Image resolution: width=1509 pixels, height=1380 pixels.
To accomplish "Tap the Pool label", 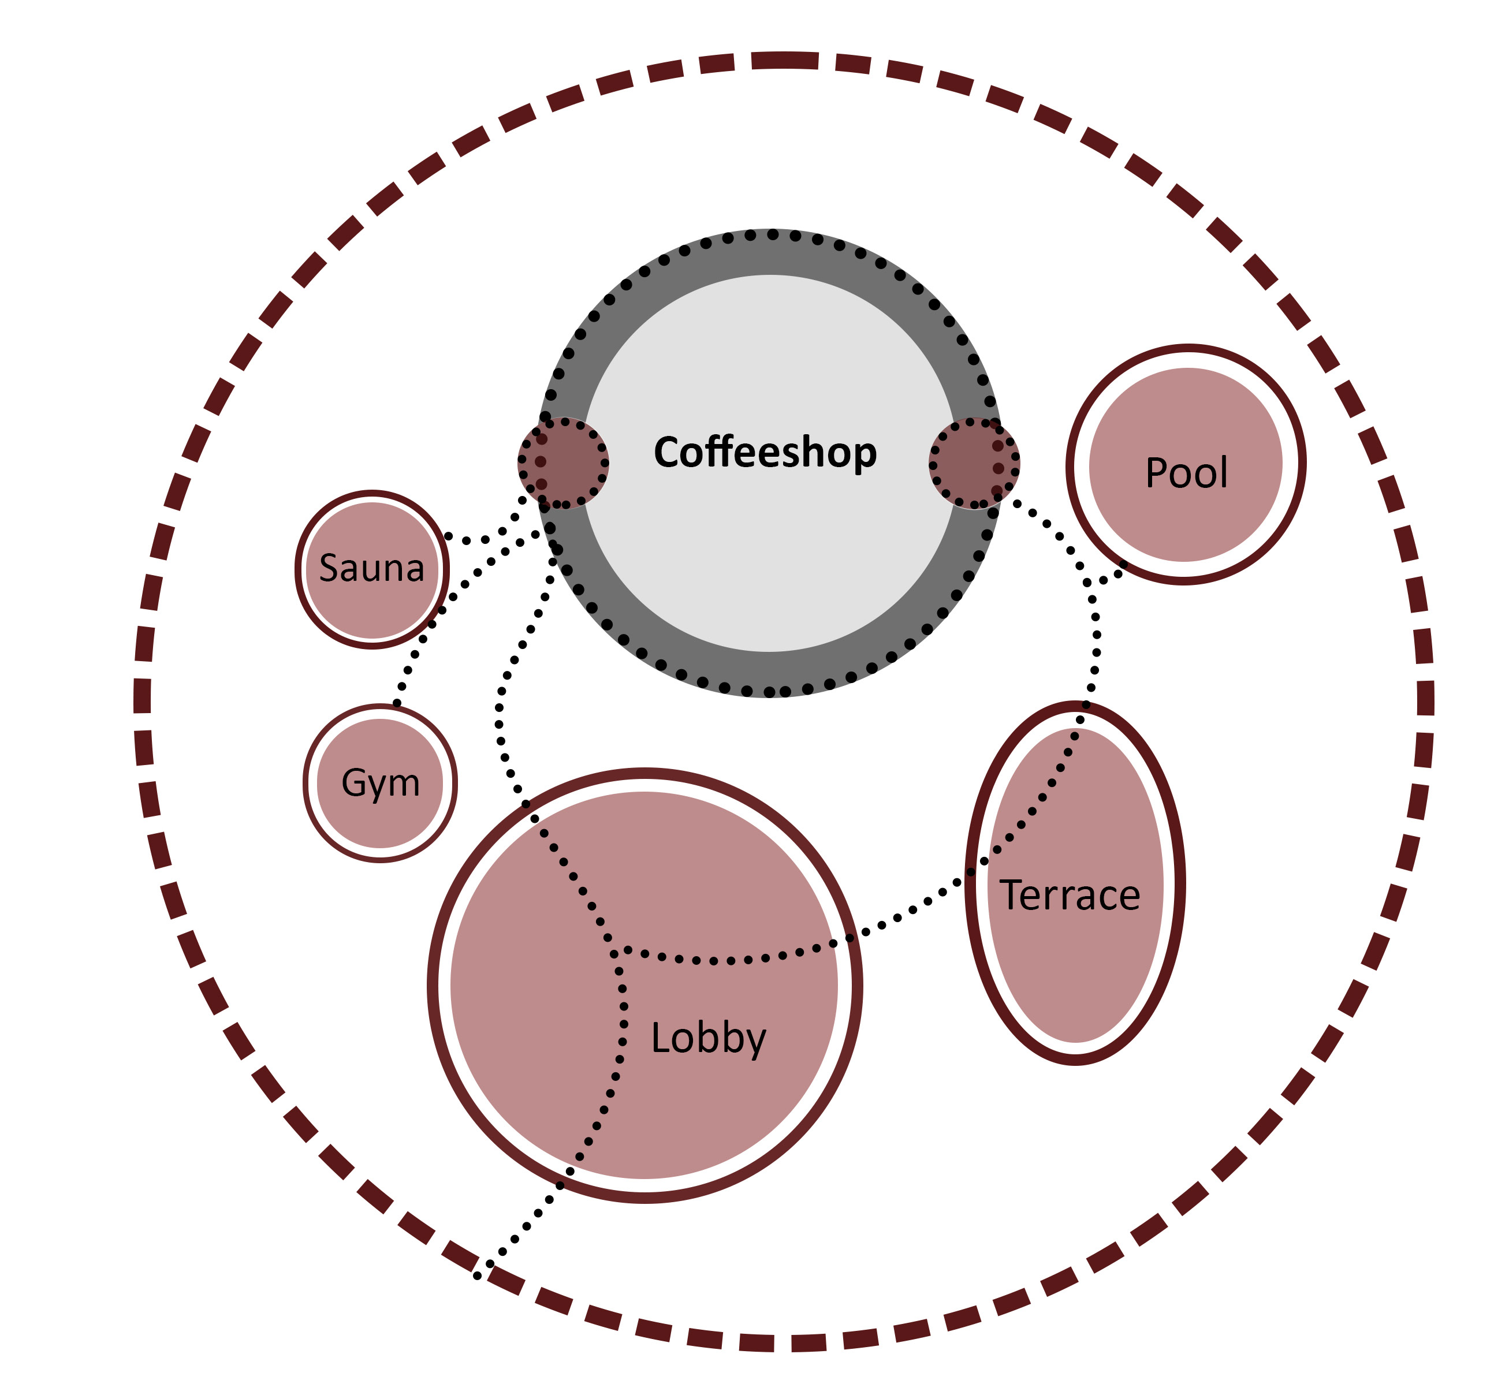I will click(1186, 473).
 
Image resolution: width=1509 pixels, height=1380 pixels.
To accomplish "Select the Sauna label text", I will click(372, 569).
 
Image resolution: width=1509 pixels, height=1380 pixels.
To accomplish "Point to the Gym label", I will click(380, 784).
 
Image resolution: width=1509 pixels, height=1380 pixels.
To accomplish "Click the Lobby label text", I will click(708, 1039).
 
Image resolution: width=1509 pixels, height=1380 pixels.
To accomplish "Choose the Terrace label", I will click(1070, 896).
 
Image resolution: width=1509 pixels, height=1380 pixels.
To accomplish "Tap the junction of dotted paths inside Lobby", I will click(615, 953).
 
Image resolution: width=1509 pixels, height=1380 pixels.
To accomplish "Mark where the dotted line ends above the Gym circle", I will click(397, 703).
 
